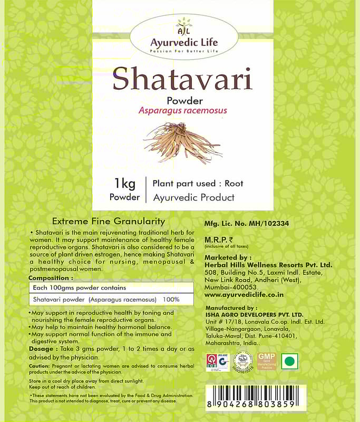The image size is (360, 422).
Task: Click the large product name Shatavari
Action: tap(182, 79)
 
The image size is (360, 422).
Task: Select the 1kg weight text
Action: tap(125, 184)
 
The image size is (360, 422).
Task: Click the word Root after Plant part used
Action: tap(234, 184)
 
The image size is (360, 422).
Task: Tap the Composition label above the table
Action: tap(51, 277)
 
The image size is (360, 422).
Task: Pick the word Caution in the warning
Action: tap(39, 366)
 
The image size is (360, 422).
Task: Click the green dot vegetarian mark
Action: tap(289, 362)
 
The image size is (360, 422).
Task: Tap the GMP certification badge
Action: tap(267, 362)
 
